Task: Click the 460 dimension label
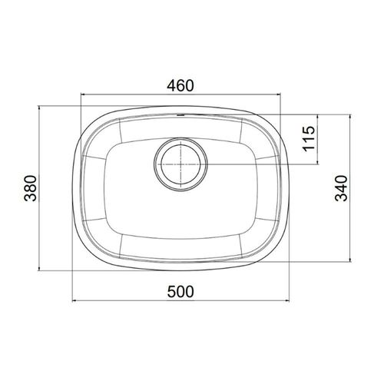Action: coord(180,86)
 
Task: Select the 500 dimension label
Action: coord(180,292)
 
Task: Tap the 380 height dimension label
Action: coord(31,188)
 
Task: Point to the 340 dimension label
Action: coord(342,188)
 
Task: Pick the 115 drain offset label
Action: coord(309,138)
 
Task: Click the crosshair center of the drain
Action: coord(180,164)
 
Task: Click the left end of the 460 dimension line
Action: coord(81,95)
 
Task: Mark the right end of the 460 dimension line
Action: coord(281,95)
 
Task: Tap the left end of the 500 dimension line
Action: coord(73,301)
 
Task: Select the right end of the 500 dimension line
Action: coord(289,301)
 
